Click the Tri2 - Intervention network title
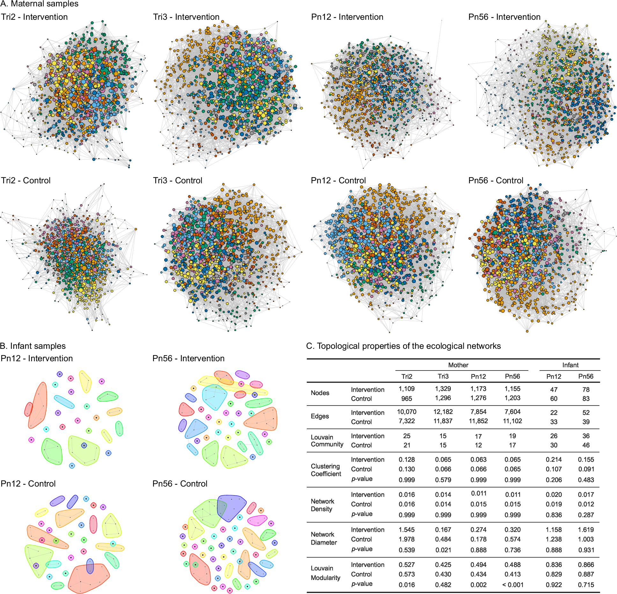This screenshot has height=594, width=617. (34, 17)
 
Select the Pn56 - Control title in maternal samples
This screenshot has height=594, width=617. (496, 180)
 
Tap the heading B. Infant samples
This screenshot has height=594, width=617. (33, 346)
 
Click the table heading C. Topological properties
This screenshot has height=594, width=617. (403, 346)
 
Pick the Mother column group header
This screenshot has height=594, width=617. (458, 365)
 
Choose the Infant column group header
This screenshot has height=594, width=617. (570, 365)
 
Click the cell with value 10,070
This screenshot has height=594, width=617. (407, 412)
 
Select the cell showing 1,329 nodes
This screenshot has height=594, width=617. (443, 389)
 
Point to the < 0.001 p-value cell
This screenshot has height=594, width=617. (512, 585)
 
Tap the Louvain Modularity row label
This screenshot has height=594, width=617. (325, 573)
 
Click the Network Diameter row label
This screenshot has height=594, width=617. (323, 538)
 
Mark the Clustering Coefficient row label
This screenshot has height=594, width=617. (326, 470)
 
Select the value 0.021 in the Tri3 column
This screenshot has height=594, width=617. (443, 550)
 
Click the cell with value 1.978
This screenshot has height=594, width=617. (407, 539)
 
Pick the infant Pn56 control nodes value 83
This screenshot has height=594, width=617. (586, 399)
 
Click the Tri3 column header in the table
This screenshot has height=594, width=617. (443, 376)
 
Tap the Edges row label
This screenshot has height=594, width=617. (320, 416)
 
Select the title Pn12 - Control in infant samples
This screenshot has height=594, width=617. (28, 484)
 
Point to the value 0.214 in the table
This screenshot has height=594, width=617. (554, 459)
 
